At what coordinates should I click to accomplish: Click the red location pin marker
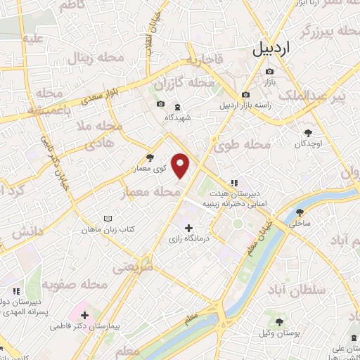(181, 165)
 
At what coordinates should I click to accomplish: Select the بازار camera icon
(270, 72)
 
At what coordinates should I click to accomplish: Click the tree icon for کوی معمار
(148, 158)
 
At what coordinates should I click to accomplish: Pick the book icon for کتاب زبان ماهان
(107, 219)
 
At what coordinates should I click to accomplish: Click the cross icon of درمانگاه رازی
(188, 228)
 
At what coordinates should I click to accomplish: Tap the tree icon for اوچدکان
(308, 131)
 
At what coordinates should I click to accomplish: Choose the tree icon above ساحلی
(300, 212)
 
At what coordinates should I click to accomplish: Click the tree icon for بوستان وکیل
(279, 321)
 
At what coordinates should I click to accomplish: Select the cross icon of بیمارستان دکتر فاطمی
(84, 315)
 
